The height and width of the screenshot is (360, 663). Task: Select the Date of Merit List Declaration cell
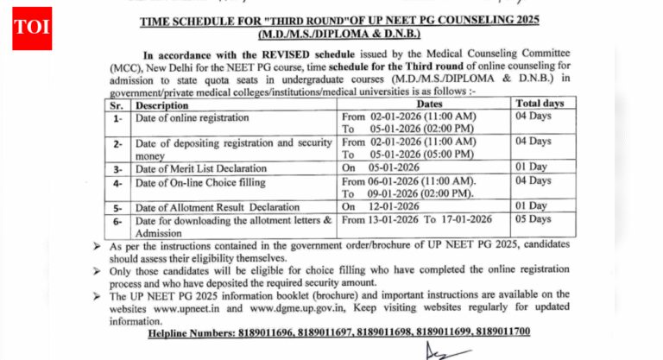(196, 167)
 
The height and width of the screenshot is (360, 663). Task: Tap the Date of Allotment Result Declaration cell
(208, 207)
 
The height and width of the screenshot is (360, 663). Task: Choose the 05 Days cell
(534, 220)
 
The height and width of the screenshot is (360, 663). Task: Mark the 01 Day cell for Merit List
(532, 167)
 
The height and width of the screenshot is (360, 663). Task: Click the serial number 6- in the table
(117, 220)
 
